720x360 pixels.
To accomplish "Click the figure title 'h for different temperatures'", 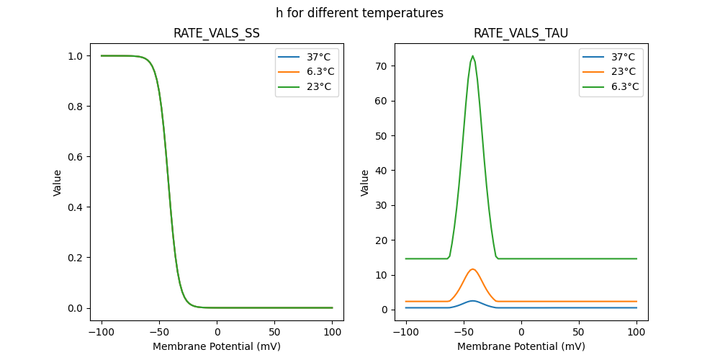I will pyautogui.click(x=359, y=13).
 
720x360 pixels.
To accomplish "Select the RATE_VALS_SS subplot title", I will pyautogui.click(x=217, y=33).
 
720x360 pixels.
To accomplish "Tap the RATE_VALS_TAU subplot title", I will pyautogui.click(x=521, y=33).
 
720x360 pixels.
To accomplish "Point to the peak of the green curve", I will pyautogui.click(x=472, y=56).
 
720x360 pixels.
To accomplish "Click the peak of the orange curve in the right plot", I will pyautogui.click(x=472, y=269).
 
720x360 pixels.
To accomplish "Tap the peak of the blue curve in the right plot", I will pyautogui.click(x=472, y=301).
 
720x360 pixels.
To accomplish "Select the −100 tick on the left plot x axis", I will pyautogui.click(x=102, y=333).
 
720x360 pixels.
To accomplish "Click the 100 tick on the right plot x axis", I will pyautogui.click(x=636, y=333).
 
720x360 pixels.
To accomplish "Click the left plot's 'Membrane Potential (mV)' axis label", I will pyautogui.click(x=217, y=346).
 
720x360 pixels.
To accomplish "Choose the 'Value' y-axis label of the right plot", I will pyautogui.click(x=365, y=182).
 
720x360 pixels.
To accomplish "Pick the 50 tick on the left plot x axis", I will pyautogui.click(x=275, y=333).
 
